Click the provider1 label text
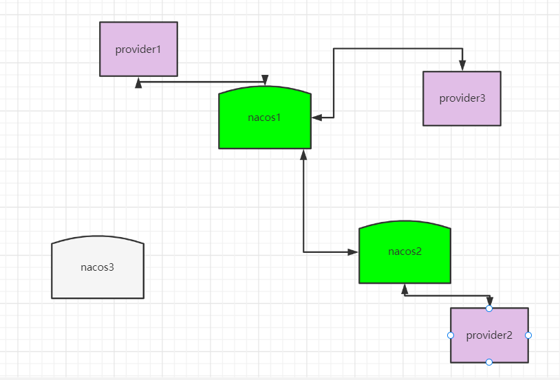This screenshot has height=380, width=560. [x=138, y=49]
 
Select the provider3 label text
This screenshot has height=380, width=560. [x=462, y=98]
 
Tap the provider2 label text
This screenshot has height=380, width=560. [x=489, y=335]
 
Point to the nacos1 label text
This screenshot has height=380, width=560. [x=264, y=118]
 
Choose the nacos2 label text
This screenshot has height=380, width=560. [x=405, y=252]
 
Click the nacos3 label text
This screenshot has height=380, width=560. [x=97, y=267]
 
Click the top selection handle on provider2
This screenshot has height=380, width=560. [x=489, y=309]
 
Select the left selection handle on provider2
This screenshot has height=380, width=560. [x=451, y=335]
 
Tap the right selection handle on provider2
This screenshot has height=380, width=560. [x=528, y=335]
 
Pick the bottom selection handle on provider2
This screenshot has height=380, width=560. [x=489, y=362]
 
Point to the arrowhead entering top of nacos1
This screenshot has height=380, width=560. [x=265, y=80]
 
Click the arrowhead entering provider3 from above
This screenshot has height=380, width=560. [x=462, y=66]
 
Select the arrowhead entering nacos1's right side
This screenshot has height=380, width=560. [x=316, y=118]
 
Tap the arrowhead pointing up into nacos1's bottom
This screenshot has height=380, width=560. [x=303, y=155]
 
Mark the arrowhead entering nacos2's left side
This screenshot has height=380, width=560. [x=353, y=252]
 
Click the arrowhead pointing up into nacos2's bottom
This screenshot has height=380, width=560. [x=405, y=289]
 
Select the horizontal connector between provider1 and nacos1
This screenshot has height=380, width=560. [x=202, y=82]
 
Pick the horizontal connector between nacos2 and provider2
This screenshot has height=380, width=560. [x=447, y=295]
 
